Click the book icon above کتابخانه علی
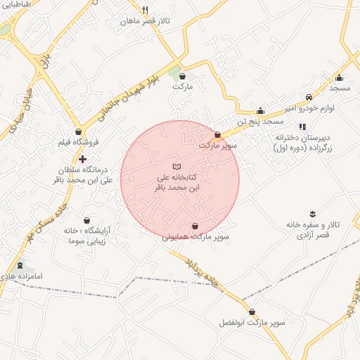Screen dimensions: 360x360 176,165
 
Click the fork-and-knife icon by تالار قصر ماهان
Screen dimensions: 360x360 145,11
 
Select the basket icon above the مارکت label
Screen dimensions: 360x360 183,76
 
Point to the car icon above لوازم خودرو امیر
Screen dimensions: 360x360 309,97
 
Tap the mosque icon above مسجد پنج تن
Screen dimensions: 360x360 260,110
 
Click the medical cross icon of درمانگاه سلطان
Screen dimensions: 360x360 82,160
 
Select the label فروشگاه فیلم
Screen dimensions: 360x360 78,143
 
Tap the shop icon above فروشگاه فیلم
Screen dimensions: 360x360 78,131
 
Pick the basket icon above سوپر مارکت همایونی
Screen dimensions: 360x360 195,226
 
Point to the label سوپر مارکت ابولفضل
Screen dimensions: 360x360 252,323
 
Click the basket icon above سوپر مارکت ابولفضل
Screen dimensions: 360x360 252,311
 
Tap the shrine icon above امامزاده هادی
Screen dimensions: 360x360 20,266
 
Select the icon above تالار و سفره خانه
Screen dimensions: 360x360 313,212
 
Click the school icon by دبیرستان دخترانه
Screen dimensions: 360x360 302,127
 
